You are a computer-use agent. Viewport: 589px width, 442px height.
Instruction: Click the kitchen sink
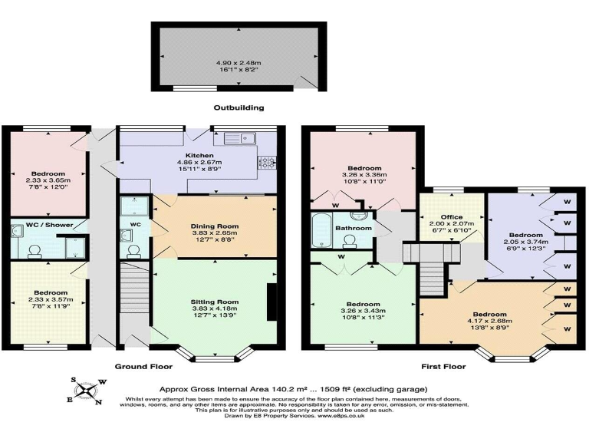tap(239, 139)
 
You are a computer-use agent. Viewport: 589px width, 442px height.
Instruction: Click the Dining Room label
tap(215, 226)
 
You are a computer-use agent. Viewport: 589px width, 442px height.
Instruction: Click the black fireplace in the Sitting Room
tap(271, 302)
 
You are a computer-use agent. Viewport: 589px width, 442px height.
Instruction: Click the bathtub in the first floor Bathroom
tap(321, 228)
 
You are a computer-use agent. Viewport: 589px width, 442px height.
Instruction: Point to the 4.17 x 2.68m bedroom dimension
tap(489, 322)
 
